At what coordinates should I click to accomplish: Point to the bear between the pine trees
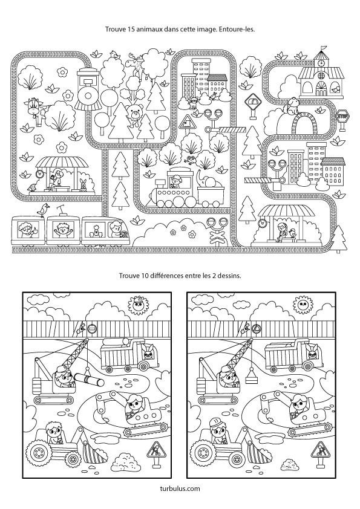tap(134, 114)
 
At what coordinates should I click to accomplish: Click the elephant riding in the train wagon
tap(205, 181)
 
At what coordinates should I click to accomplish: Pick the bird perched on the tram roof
tap(42, 210)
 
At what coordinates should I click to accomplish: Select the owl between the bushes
tap(192, 160)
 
